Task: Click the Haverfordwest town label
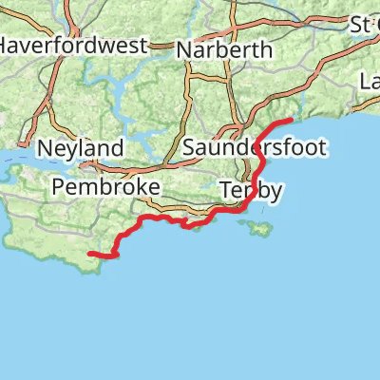72,45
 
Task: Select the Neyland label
81,148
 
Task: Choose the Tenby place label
251,190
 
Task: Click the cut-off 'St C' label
365,22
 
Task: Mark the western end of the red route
89,254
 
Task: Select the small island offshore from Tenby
257,228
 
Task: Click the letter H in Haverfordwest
6,45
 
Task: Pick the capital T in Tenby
227,190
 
